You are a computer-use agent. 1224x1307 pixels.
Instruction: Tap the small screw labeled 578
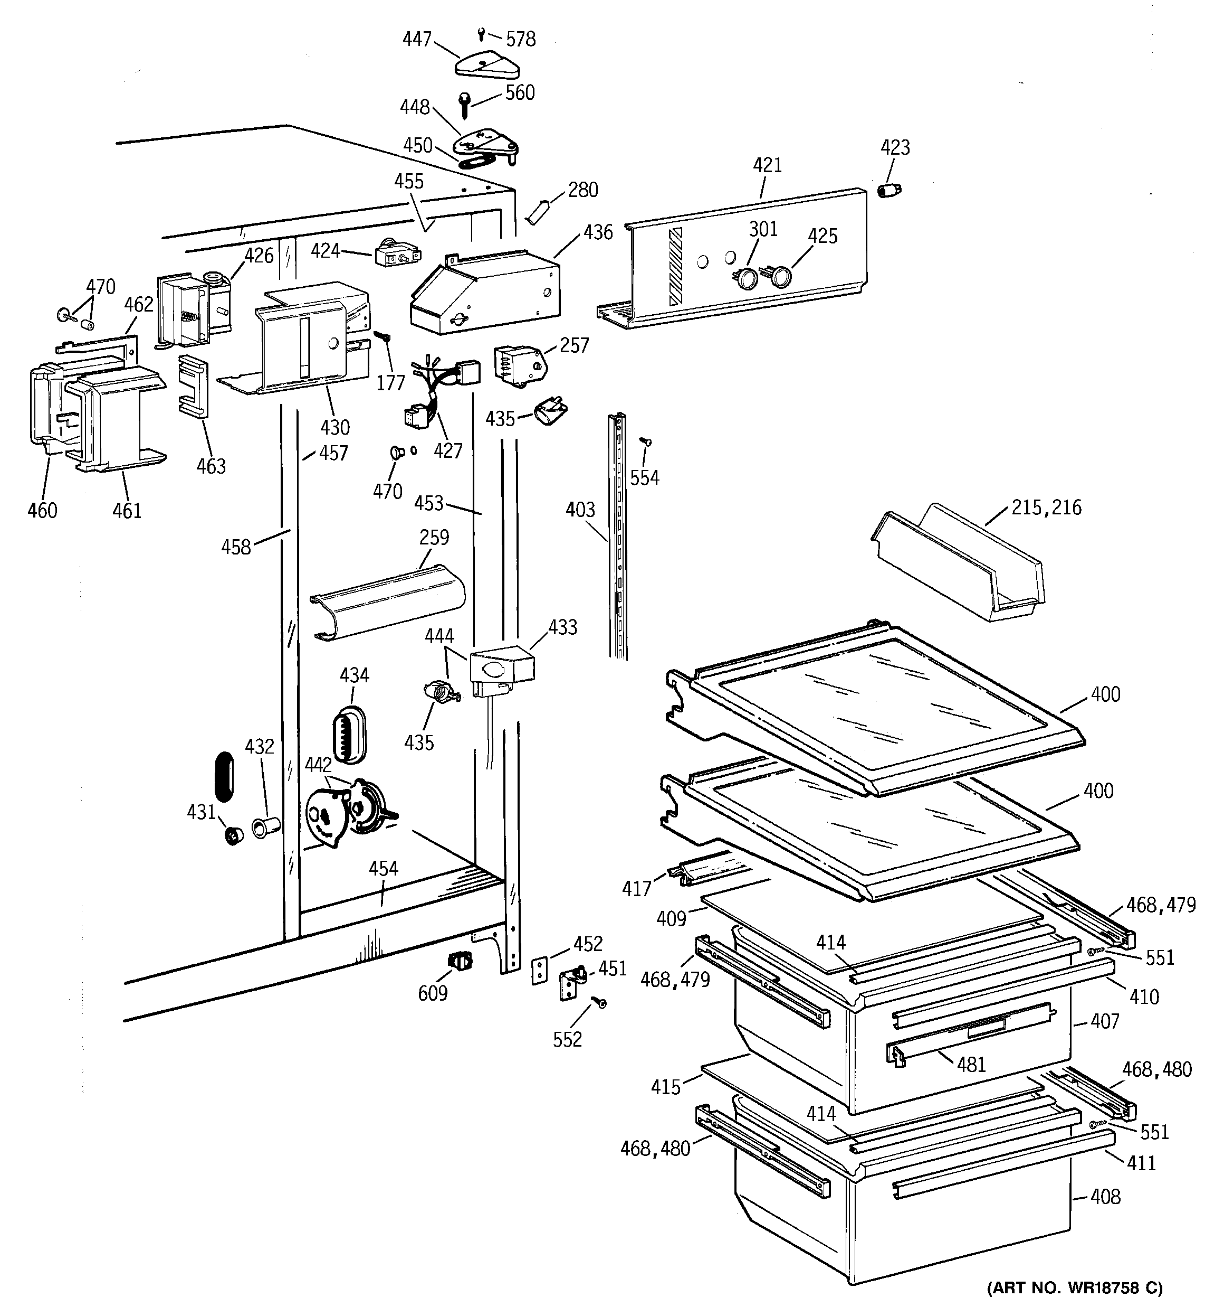pyautogui.click(x=482, y=33)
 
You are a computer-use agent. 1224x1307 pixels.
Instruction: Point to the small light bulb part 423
pyautogui.click(x=890, y=190)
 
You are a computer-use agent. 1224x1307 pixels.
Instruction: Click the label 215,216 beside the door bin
pyautogui.click(x=1046, y=507)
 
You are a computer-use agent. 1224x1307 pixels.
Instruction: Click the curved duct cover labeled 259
pyautogui.click(x=388, y=601)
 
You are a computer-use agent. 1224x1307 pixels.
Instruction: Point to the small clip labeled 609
pyautogui.click(x=460, y=962)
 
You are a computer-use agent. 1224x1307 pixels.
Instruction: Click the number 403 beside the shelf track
pyautogui.click(x=580, y=510)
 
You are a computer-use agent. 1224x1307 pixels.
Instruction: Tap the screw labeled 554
pyautogui.click(x=646, y=443)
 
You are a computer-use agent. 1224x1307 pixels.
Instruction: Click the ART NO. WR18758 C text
pyautogui.click(x=1074, y=1287)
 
